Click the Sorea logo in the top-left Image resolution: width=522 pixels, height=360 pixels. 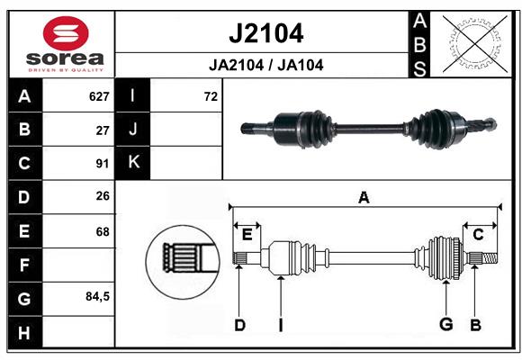[x=66, y=45]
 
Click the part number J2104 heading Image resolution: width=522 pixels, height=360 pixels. [x=265, y=33]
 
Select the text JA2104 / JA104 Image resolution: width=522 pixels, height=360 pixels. [x=265, y=65]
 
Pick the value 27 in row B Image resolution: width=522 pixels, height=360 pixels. [x=103, y=130]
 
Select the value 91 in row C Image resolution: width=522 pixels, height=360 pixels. [x=103, y=164]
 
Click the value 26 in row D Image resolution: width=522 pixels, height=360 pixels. [x=103, y=197]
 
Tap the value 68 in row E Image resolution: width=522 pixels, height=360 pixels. [x=103, y=231]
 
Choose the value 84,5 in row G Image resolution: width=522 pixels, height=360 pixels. [x=97, y=297]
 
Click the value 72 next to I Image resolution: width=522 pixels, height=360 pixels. [x=211, y=95]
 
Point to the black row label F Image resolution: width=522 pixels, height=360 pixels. [x=24, y=265]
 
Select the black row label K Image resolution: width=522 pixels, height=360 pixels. [x=133, y=163]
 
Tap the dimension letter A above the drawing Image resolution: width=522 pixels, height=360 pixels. [x=364, y=198]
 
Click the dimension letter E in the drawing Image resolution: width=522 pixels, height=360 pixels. [x=247, y=235]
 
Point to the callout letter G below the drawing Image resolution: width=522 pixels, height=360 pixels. [x=445, y=325]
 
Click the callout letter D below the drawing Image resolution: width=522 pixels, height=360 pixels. [x=239, y=325]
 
